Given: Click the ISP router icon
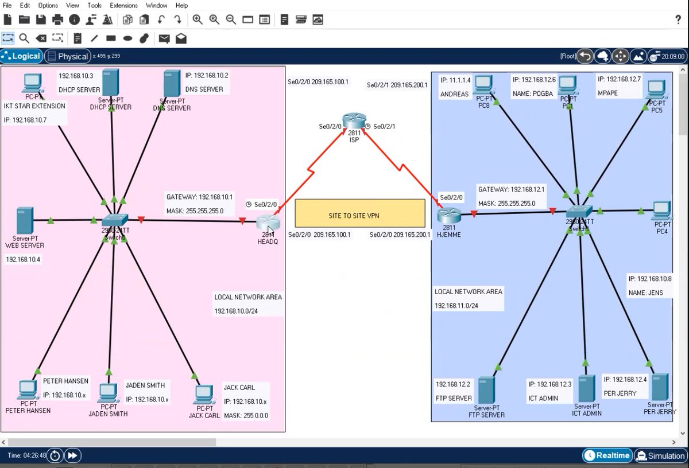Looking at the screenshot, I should [354, 121].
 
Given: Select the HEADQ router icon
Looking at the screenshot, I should [267, 222].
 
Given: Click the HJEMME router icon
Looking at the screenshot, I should [449, 216].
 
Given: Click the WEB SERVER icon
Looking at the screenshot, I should [24, 220].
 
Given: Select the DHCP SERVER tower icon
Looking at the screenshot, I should [110, 83].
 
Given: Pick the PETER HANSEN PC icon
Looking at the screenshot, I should [27, 391].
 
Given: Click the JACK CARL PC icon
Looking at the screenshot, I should [203, 395].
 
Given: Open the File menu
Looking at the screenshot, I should [7, 5].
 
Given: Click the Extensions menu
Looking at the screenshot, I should [123, 5].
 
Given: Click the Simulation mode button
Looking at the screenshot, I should [661, 456].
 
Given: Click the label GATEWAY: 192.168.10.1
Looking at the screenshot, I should [200, 197].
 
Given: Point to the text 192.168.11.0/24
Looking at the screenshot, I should [456, 306].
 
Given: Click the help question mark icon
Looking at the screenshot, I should [678, 19].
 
